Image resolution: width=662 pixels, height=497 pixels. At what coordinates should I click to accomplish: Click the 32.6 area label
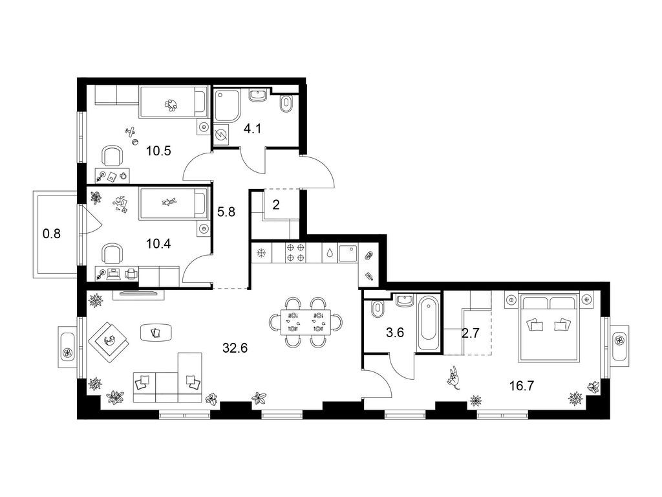point(235,348)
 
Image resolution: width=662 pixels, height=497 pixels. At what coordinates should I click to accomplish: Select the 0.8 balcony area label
point(52,233)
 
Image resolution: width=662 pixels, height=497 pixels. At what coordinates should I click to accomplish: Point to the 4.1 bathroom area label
point(253,129)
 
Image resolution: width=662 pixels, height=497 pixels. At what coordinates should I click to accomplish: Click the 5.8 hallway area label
point(226,212)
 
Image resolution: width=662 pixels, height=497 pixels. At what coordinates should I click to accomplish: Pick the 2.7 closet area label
point(471,333)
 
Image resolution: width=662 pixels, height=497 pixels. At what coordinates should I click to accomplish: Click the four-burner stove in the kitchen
point(295,253)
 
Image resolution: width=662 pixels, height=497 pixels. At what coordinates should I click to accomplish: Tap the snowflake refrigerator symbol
point(262,253)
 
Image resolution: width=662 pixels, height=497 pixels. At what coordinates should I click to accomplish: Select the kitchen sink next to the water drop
point(348,253)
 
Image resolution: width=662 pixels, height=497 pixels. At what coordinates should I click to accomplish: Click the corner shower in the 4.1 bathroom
point(227,105)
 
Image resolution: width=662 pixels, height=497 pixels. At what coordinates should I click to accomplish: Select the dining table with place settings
point(306,322)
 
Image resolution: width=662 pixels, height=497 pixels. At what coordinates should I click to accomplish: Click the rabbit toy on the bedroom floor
point(454,377)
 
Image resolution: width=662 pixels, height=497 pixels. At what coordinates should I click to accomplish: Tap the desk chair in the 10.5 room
point(112,156)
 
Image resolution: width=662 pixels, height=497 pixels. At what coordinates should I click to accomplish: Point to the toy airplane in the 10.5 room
point(131,131)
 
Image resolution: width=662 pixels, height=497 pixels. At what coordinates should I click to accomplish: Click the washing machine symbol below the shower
point(221,136)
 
